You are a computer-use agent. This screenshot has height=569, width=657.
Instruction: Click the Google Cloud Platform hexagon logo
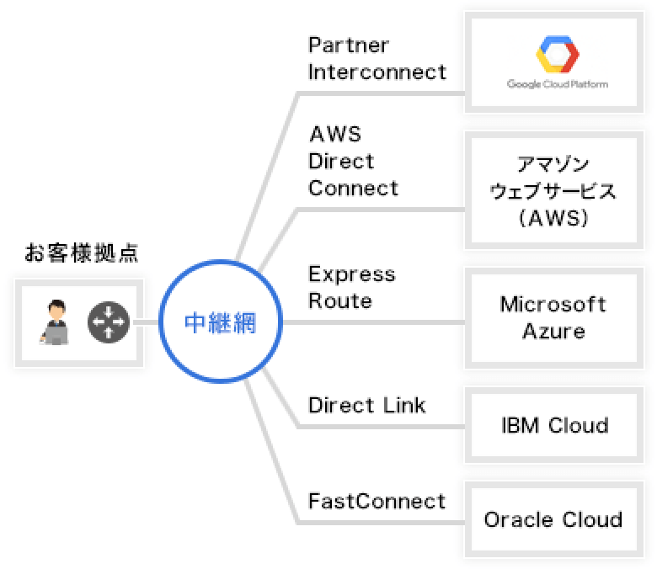pos(558,55)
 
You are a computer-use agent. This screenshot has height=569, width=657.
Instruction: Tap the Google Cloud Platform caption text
pos(558,84)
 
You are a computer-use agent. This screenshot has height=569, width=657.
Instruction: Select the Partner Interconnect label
pos(377,59)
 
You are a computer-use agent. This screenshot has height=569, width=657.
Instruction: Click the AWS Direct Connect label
pos(353,162)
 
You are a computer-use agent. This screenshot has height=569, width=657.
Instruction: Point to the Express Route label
pos(351,288)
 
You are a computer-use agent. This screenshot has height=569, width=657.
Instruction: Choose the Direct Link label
pos(366,406)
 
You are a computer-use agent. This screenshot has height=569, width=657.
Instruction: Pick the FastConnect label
pos(377,501)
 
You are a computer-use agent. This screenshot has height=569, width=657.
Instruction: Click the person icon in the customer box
pos(55,322)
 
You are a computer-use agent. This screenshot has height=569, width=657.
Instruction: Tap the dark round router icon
pos(109,322)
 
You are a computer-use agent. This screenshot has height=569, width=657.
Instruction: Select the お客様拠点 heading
pos(82,253)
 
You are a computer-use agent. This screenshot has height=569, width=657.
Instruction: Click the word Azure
pos(553,331)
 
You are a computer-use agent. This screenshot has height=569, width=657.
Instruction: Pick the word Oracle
pos(518,519)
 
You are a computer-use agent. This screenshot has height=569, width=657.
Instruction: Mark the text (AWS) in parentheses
pos(553,218)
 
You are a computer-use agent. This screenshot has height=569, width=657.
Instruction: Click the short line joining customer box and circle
pos(151,322)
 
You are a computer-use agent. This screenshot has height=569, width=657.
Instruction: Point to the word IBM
pos(520,425)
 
